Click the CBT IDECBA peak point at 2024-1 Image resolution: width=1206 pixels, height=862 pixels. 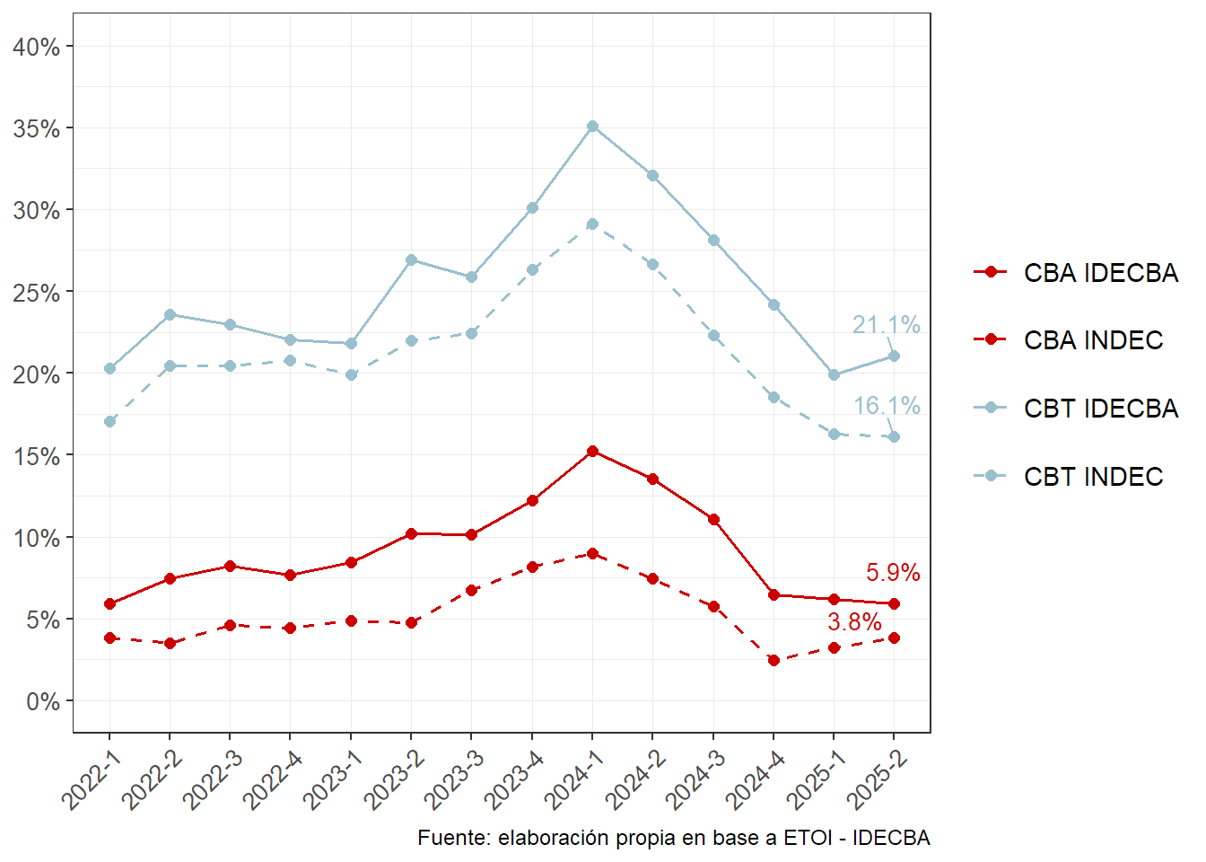point(592,127)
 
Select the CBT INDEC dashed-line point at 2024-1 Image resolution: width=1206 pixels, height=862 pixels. point(592,224)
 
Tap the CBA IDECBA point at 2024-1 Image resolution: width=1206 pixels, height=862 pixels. point(592,452)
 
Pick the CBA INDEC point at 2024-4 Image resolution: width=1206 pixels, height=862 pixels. point(773,661)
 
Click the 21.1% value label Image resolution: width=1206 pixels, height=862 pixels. point(886,325)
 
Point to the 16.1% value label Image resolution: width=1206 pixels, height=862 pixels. point(886,407)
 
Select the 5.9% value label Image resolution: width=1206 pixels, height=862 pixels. point(893,573)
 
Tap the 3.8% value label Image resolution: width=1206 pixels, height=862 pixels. point(854,622)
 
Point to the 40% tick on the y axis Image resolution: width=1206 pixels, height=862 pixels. point(37,47)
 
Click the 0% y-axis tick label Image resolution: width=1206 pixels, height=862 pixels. point(43,701)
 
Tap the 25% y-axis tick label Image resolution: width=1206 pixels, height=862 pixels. point(37,293)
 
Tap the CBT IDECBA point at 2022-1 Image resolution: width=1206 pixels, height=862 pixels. point(109,369)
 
